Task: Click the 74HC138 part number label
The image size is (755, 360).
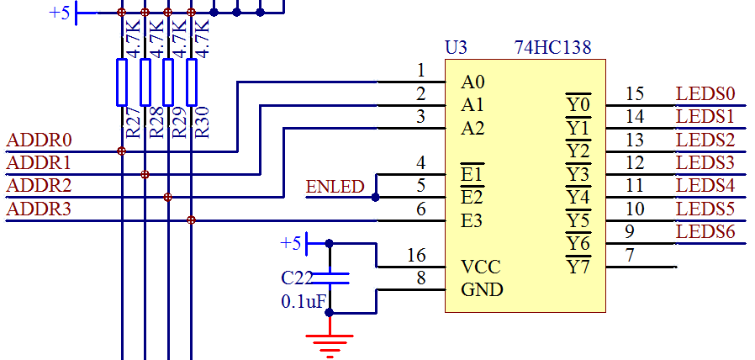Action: coord(559,48)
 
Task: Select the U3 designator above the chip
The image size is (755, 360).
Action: coord(457,48)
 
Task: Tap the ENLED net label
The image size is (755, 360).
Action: coord(335,187)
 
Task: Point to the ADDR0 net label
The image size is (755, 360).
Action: coord(39,140)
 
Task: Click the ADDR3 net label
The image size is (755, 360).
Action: coord(39,209)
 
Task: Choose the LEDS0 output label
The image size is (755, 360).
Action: coord(705,93)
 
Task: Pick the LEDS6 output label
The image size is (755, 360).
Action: coord(705,231)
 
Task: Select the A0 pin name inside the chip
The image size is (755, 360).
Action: coord(473,82)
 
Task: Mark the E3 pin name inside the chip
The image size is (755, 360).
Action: coord(472,221)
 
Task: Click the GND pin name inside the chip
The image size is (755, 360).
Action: coord(482,290)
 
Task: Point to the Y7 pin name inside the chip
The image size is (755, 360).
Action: coord(578,267)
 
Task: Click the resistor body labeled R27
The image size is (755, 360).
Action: coord(122,82)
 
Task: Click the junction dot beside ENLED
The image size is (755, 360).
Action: coord(375,198)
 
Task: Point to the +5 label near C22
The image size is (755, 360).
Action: coord(290,243)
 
